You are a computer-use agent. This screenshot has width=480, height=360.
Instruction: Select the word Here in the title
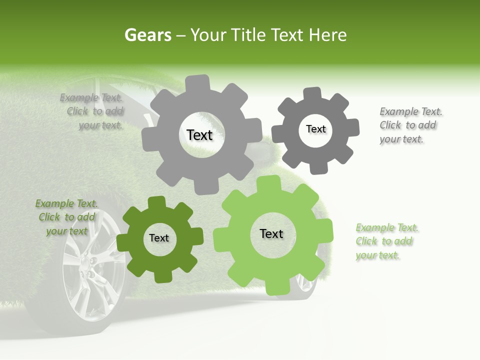pyautogui.click(x=328, y=35)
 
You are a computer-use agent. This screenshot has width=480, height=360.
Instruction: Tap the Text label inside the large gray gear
pyautogui.click(x=199, y=135)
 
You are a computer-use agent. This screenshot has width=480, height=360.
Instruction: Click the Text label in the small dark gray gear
pyautogui.click(x=315, y=129)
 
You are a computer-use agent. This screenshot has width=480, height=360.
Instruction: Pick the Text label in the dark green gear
pyautogui.click(x=159, y=238)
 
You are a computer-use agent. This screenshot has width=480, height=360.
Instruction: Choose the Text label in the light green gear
pyautogui.click(x=271, y=233)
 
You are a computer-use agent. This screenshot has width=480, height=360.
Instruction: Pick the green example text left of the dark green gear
pyautogui.click(x=66, y=217)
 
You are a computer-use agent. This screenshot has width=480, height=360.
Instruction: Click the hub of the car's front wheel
pyautogui.click(x=90, y=262)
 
